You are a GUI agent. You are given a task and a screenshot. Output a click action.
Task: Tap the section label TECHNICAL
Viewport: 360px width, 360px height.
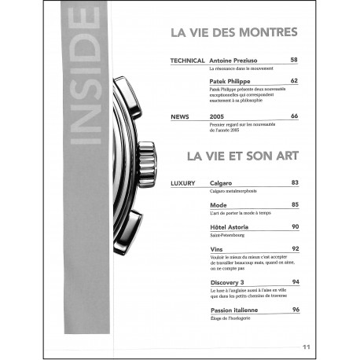(x=187, y=60)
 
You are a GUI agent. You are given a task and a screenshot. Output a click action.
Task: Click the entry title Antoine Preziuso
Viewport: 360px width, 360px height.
(x=239, y=60)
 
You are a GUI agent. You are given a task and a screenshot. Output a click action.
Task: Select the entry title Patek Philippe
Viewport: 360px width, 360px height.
(x=233, y=80)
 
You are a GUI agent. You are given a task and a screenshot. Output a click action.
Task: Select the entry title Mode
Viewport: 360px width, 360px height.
(x=219, y=205)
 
